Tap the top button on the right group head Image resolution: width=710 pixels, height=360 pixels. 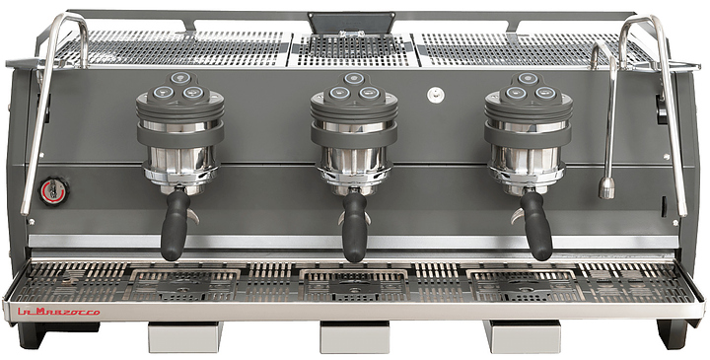pos(528,78)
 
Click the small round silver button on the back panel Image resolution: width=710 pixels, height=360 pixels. pos(434,95)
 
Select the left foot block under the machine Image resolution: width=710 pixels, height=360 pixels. pos(185,337)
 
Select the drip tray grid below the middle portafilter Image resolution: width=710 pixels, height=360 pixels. pos(354,285)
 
